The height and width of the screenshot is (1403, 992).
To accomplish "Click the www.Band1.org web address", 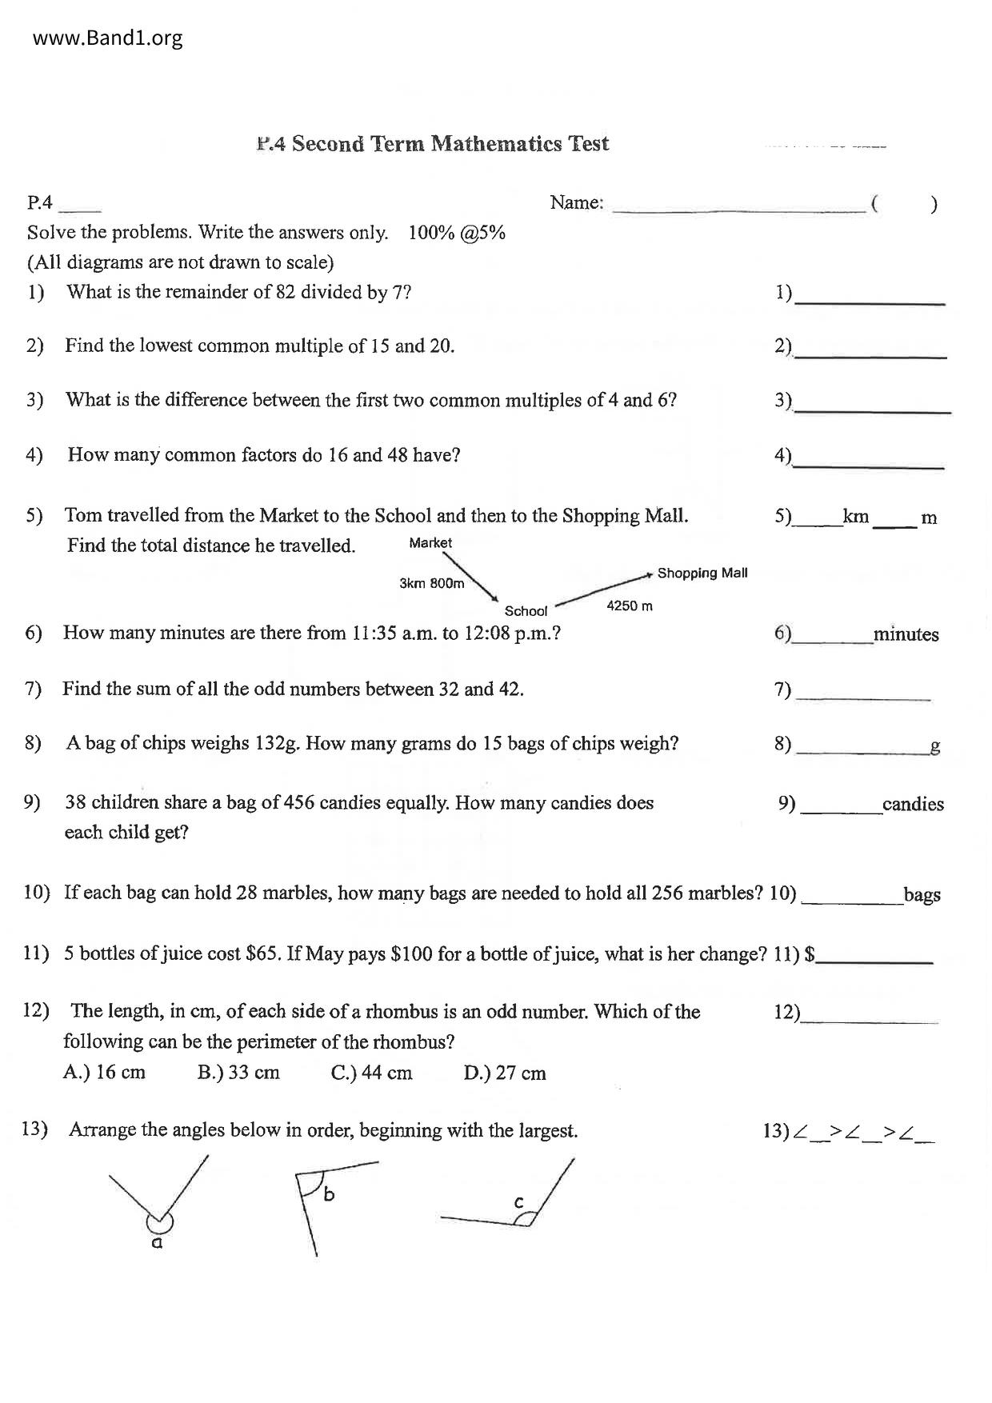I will click(x=108, y=38).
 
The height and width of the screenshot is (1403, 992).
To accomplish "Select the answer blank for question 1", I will click(x=870, y=298).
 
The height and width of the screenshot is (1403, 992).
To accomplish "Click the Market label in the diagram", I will click(x=430, y=543).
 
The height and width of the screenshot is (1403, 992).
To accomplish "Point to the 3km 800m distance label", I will click(x=432, y=583).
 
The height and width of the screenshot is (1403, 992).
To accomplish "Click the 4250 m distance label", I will click(x=630, y=606).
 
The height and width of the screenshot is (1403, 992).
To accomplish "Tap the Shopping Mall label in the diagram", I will click(x=702, y=573).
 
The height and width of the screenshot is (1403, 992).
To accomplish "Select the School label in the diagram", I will click(x=526, y=611).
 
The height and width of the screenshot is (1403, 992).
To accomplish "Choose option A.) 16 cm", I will click(x=104, y=1073).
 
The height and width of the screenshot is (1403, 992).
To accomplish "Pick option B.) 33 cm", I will click(x=238, y=1073).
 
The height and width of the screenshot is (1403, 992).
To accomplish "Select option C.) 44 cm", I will click(x=371, y=1073).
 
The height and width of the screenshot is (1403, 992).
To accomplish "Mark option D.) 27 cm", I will click(x=505, y=1073).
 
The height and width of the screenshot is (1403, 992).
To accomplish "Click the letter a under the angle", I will click(x=158, y=1243).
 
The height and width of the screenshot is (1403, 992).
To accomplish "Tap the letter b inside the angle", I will click(x=329, y=1195).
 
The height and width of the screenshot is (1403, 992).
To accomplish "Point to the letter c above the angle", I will click(x=518, y=1202).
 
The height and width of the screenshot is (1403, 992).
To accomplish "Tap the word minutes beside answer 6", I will click(x=906, y=635).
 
